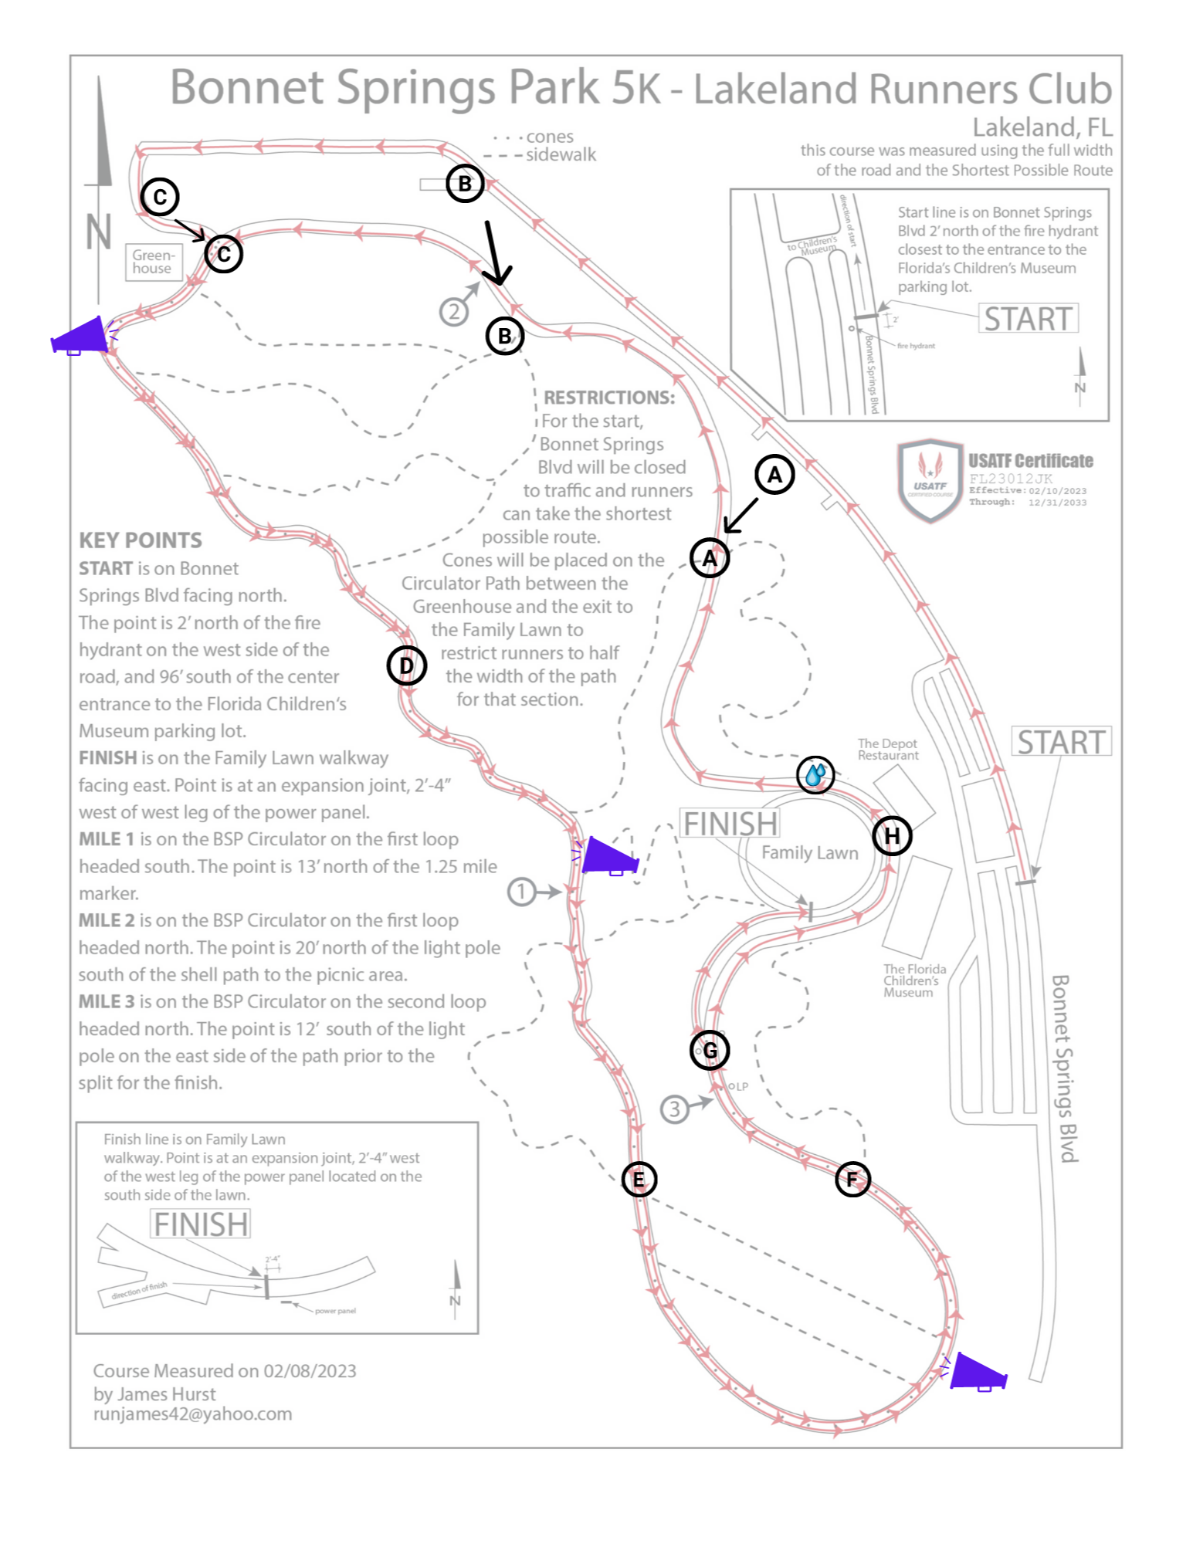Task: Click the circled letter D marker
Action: click(406, 665)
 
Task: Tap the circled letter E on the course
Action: click(639, 1179)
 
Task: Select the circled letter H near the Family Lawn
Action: click(892, 836)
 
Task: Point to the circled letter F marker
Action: click(852, 1179)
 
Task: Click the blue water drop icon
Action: click(815, 774)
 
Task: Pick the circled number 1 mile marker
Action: click(521, 892)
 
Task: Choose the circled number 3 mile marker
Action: click(674, 1109)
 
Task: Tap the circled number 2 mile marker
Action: click(454, 312)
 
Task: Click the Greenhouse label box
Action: click(153, 262)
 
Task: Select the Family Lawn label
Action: click(809, 852)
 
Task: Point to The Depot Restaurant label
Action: click(888, 749)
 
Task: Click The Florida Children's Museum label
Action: click(914, 980)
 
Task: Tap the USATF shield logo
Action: click(930, 481)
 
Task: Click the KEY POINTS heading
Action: click(141, 540)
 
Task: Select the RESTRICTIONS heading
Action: click(609, 398)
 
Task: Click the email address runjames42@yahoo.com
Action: click(193, 1414)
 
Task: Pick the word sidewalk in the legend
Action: click(561, 155)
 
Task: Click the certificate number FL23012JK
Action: click(1011, 479)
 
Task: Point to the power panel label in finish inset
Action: click(335, 1311)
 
